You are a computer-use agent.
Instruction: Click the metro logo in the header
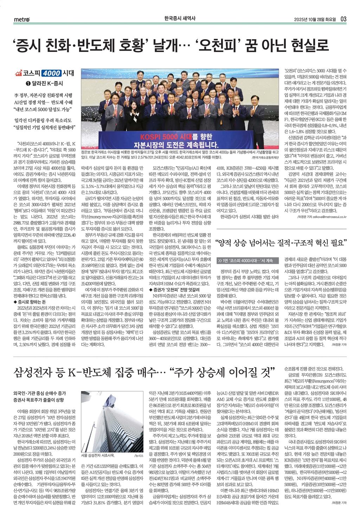point(22,19)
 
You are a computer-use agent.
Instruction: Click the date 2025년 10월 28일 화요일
point(315,19)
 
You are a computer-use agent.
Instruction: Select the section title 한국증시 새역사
point(180,19)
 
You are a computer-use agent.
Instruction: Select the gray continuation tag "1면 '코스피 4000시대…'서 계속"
point(248,261)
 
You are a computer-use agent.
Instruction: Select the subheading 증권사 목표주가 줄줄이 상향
point(39,400)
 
